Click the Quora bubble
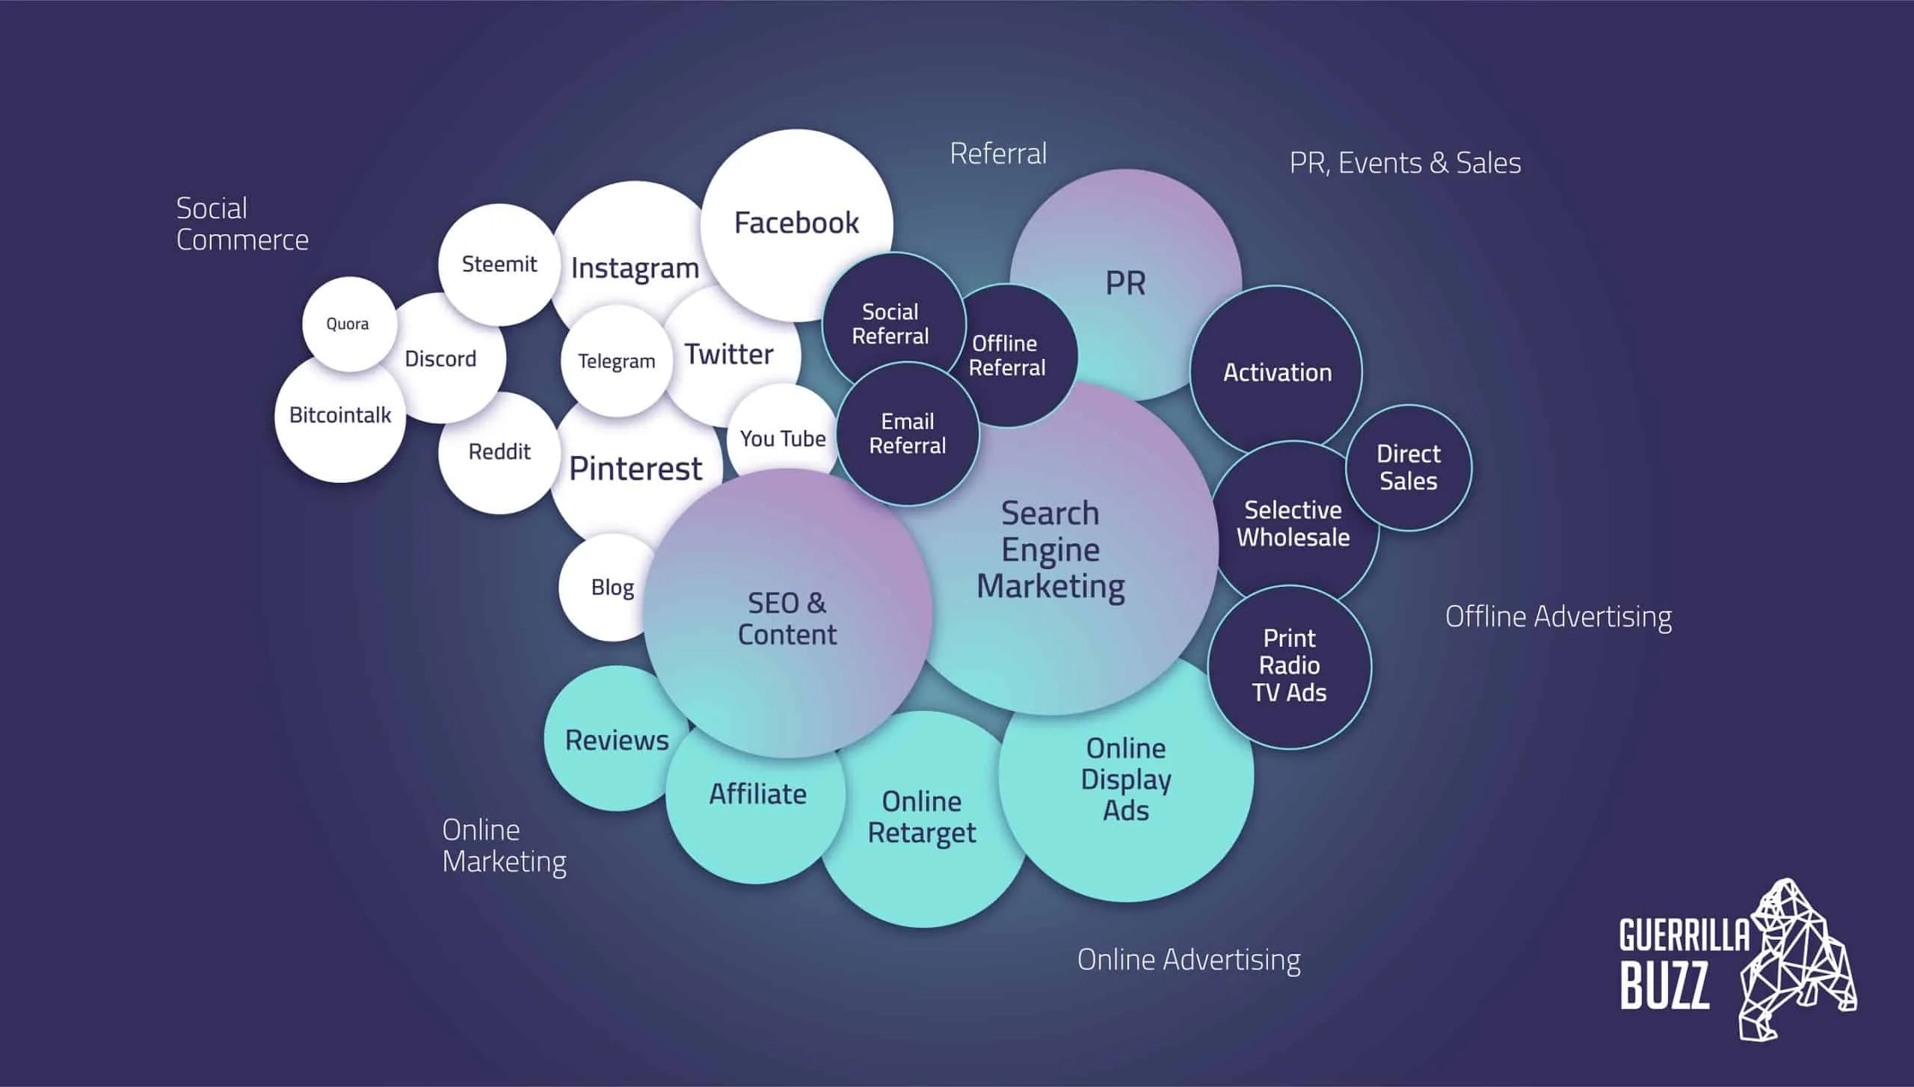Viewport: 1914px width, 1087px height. click(x=348, y=324)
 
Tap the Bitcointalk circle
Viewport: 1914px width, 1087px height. click(x=340, y=416)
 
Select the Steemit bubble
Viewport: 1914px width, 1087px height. click(x=499, y=264)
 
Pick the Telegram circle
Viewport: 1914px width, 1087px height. click(x=616, y=361)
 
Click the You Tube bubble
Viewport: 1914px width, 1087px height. click(x=783, y=438)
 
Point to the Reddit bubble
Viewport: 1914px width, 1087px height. click(x=499, y=452)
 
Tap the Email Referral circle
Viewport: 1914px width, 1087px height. click(x=908, y=434)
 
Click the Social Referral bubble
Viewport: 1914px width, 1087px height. click(x=890, y=324)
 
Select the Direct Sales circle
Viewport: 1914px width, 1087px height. click(x=1409, y=467)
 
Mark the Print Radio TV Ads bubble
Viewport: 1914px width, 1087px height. click(x=1290, y=665)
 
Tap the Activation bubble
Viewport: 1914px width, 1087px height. click(x=1277, y=372)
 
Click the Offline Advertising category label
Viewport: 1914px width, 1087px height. click(x=1558, y=617)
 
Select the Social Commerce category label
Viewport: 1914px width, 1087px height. click(x=241, y=224)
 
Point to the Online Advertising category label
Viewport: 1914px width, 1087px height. click(x=1189, y=960)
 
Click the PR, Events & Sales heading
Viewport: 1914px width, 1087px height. click(x=1405, y=163)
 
